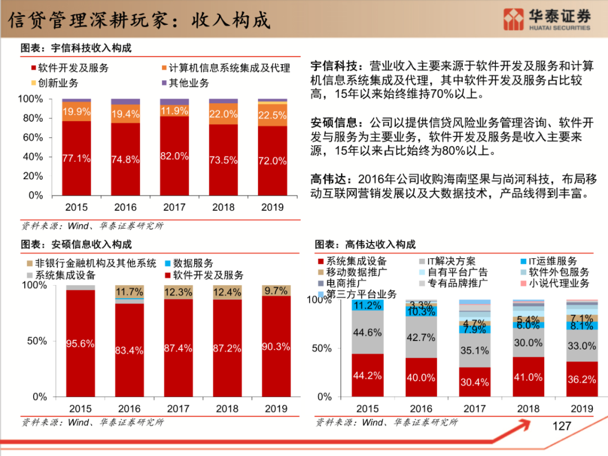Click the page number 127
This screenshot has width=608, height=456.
[x=561, y=426]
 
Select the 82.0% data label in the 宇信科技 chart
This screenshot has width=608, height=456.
[x=175, y=156]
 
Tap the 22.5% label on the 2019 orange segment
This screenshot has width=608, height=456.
[x=272, y=115]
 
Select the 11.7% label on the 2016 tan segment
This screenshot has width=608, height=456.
[x=129, y=292]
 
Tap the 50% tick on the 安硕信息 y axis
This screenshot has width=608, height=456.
[x=37, y=341]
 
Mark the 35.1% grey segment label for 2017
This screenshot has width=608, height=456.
[x=474, y=351]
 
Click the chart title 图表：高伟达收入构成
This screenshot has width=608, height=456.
[x=365, y=245]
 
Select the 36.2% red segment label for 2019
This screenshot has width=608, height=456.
[x=582, y=379]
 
